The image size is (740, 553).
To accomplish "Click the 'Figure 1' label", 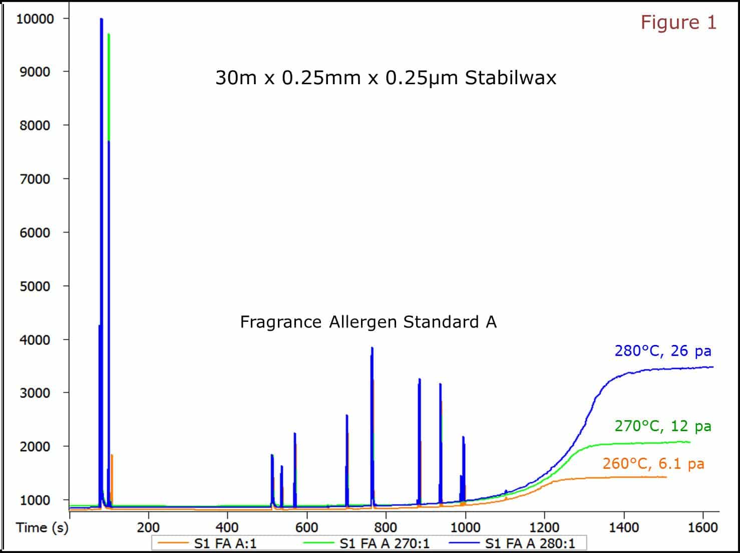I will [x=678, y=23].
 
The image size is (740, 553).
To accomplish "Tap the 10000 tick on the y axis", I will [x=35, y=19].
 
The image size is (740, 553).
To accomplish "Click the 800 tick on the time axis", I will [x=386, y=527].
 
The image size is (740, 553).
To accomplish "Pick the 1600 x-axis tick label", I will [x=703, y=527].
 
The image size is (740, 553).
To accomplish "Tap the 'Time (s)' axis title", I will [x=42, y=527].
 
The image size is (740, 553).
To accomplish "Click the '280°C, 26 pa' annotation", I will [x=663, y=351].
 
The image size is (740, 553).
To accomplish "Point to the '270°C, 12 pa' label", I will [x=663, y=426].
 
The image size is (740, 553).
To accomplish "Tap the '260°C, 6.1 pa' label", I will [x=653, y=464].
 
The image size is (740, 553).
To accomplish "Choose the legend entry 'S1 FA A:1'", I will [x=225, y=543].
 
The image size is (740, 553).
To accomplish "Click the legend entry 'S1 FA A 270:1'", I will [x=384, y=543].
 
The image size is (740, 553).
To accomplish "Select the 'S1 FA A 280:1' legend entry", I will [x=530, y=543].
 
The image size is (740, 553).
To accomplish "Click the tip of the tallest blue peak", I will [x=101, y=20].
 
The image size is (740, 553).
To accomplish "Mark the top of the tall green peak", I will [x=109, y=35].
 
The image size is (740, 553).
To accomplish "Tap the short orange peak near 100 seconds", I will [x=112, y=455].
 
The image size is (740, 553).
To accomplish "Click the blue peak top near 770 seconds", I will [x=372, y=348].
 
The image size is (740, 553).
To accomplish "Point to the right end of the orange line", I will [x=666, y=477].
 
